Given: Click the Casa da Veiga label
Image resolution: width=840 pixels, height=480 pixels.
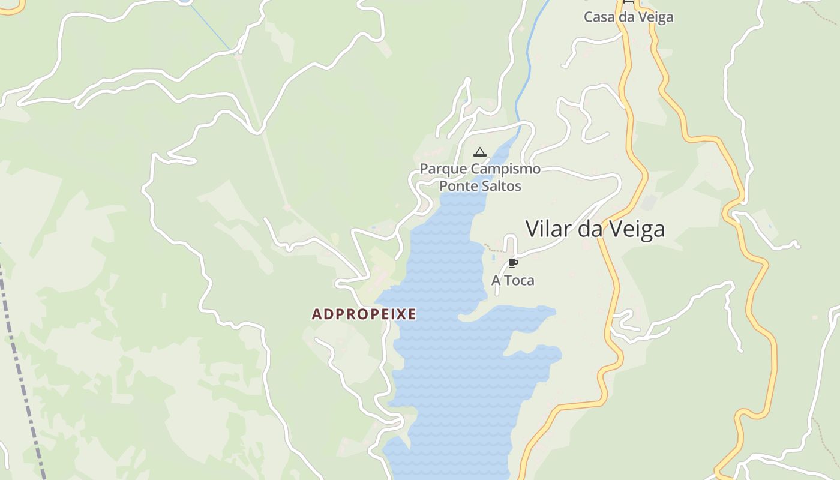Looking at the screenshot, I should [x=628, y=17].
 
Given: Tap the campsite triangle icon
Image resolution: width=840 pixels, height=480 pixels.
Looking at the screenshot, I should [x=479, y=152].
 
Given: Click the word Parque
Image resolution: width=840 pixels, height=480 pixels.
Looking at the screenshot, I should [x=443, y=169].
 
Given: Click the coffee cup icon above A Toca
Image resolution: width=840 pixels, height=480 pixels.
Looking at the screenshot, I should [x=512, y=263].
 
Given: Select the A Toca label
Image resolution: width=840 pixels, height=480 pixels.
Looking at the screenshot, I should [x=512, y=280].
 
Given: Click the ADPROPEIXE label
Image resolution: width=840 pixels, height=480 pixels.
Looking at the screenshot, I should [x=364, y=314].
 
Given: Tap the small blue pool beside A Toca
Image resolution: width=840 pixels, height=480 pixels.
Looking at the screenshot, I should [x=493, y=258].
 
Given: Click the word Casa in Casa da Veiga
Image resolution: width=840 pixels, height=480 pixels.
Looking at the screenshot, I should [x=599, y=17].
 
